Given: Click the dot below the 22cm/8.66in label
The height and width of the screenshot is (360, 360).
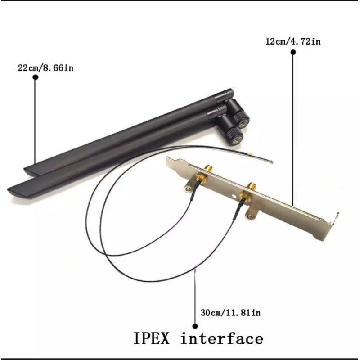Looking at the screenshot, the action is tap(36, 77).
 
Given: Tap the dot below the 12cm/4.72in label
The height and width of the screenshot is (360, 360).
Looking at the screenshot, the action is tap(293, 53).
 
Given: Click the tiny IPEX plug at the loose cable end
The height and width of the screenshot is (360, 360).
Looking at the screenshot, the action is tap(271, 162).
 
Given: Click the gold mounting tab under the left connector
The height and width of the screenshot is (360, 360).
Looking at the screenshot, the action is tap(189, 185).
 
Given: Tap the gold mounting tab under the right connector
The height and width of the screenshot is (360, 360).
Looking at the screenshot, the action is tap(250, 215).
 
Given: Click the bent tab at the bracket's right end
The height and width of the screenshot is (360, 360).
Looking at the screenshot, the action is tap(335, 219).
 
